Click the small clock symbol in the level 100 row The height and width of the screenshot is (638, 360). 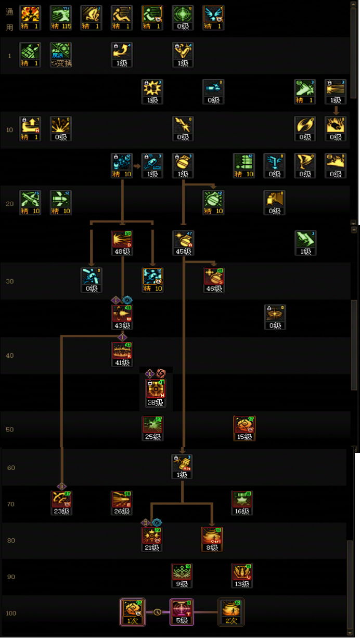[157, 612]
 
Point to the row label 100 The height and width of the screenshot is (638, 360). [11, 613]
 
